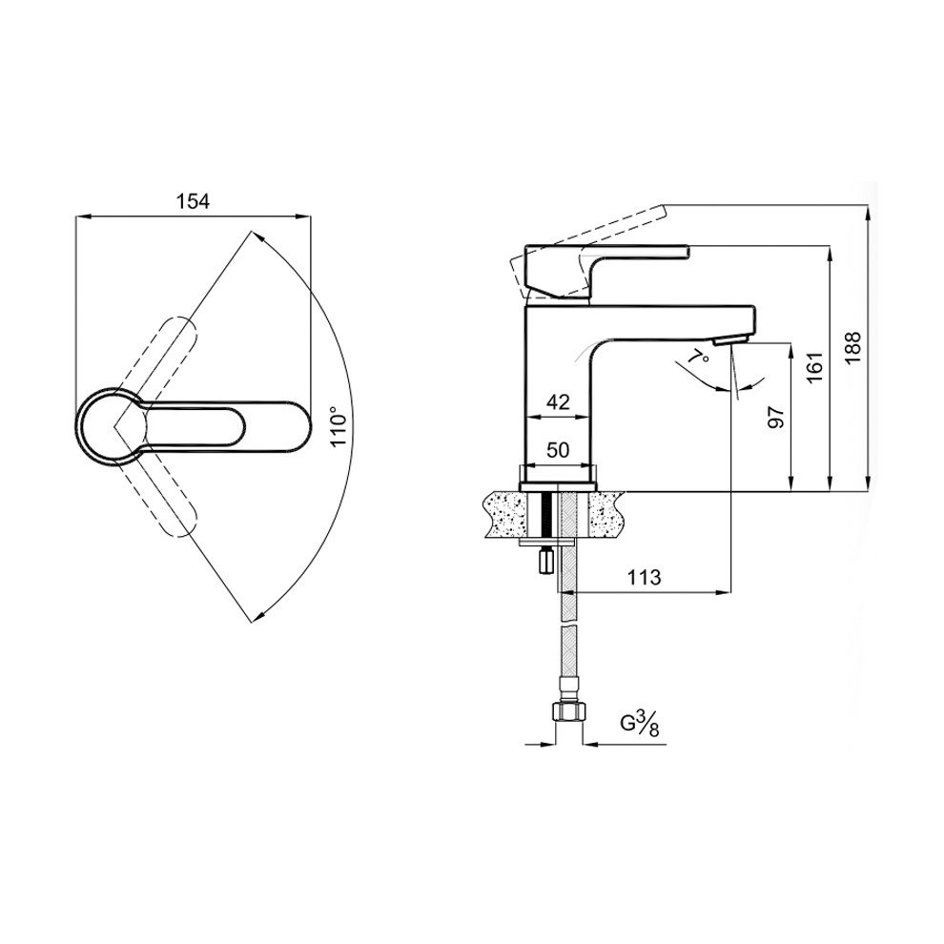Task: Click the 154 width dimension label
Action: pos(193,202)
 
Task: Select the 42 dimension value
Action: pos(558,402)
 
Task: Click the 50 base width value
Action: pos(558,450)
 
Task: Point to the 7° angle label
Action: pos(699,358)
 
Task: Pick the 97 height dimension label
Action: pos(776,417)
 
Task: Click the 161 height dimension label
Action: pos(814,367)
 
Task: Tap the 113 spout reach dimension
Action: pos(645,577)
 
